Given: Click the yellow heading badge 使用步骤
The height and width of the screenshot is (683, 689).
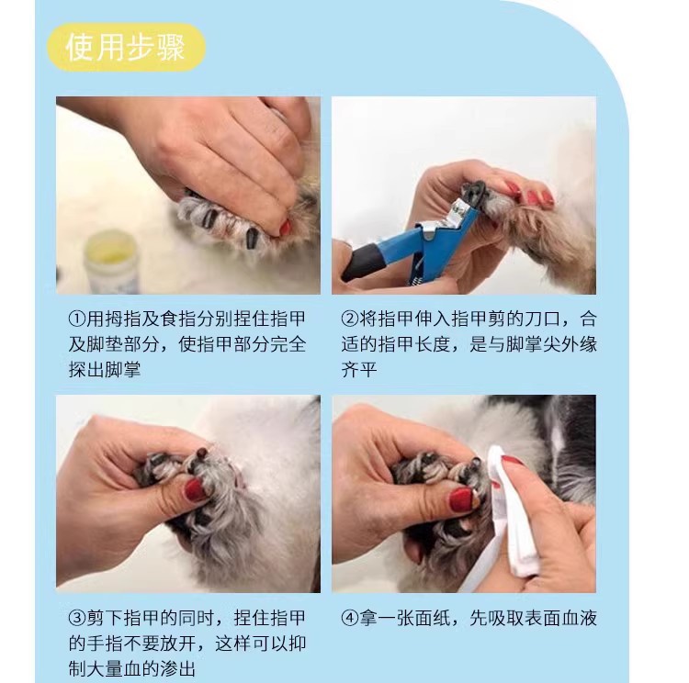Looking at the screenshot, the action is (126, 48).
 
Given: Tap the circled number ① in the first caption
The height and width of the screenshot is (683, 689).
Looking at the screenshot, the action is (76, 318).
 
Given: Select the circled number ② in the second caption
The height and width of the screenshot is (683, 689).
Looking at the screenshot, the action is (350, 318).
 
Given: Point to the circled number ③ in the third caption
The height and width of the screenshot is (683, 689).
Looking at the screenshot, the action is (76, 618).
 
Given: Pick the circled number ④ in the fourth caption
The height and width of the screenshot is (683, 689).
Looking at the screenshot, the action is (350, 618).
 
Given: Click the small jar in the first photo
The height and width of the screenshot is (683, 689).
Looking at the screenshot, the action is (111, 262).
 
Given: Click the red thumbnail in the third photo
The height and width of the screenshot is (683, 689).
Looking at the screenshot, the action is (194, 490).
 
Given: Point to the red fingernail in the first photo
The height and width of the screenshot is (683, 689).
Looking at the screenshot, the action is (286, 228).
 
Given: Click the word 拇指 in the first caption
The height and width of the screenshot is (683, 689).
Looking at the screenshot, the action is (114, 318).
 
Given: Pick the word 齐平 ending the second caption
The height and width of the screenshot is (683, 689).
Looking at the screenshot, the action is (359, 369).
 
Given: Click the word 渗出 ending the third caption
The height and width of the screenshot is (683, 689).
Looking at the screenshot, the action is (177, 669).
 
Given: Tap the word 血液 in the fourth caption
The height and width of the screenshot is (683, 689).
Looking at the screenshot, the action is (579, 618).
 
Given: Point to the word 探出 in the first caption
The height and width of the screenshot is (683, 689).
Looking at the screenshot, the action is (86, 369).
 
